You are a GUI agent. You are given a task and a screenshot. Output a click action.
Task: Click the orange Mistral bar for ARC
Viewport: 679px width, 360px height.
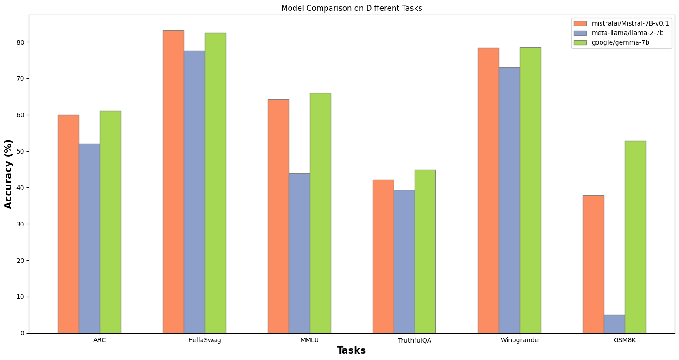click(68, 224)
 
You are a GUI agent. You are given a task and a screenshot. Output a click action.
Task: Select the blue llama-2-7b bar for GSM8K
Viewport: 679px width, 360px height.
click(614, 324)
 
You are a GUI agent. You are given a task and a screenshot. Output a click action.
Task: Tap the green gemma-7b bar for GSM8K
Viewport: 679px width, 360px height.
click(635, 237)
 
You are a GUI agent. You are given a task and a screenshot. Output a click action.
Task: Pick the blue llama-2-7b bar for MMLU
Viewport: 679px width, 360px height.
click(299, 253)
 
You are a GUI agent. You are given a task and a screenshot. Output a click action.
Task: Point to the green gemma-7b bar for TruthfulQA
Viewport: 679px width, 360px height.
click(425, 251)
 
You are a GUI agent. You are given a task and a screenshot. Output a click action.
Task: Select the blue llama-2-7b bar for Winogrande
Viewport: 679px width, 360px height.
click(509, 200)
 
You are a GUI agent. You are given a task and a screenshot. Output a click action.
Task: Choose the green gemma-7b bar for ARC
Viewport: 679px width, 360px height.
click(110, 222)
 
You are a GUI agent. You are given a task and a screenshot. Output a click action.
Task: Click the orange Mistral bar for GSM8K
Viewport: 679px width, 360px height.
click(593, 264)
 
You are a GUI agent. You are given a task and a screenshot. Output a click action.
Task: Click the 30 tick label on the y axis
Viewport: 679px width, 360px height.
click(21, 224)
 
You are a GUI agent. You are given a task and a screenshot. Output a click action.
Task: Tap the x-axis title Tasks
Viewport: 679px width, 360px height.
click(351, 350)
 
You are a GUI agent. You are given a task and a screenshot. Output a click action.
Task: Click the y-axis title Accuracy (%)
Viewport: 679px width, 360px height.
click(9, 174)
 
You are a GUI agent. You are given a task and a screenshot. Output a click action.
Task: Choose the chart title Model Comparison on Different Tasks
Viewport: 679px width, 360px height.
click(352, 8)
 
